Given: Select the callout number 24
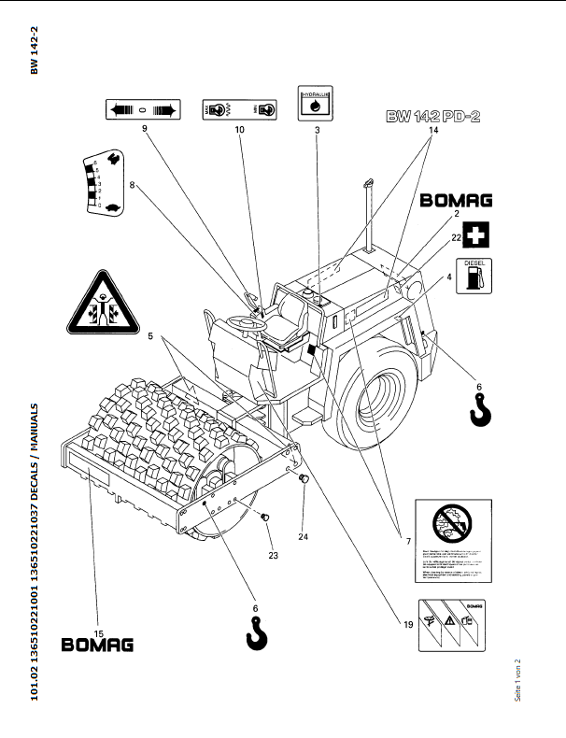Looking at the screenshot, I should coord(303,535).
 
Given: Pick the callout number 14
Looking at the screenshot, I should coord(432,131).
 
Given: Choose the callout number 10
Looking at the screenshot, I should coord(239,131).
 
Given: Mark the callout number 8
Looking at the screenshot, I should coord(133,185).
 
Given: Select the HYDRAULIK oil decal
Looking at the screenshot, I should coord(317,104).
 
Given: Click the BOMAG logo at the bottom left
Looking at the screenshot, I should coord(97,644).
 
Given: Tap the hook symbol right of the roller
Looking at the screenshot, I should coord(480,408).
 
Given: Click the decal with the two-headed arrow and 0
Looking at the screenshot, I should coord(142,110).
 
